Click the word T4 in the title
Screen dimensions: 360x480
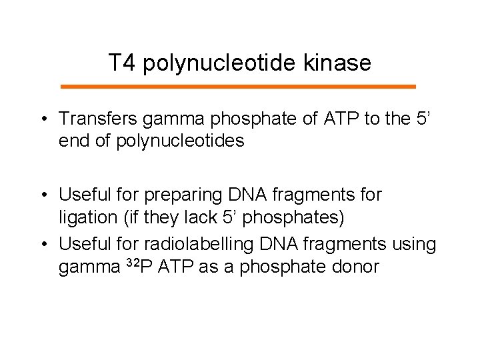[122, 63]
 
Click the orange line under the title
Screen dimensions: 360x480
[238, 87]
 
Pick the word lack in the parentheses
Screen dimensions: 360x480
[199, 217]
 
